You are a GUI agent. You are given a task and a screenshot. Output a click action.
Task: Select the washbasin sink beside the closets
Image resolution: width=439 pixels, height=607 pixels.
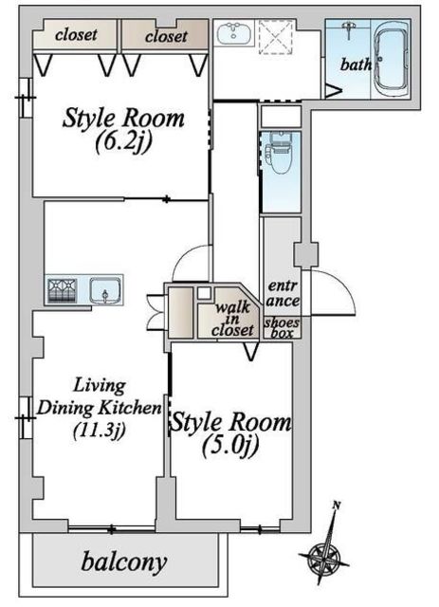(x=234, y=33)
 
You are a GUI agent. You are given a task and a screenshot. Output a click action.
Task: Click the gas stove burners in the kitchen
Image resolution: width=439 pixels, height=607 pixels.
(x=62, y=290)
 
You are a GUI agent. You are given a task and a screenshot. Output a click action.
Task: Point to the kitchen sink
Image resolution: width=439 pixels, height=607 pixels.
(x=105, y=290)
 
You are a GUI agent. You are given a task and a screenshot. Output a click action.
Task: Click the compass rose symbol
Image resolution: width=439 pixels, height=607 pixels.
(x=324, y=558)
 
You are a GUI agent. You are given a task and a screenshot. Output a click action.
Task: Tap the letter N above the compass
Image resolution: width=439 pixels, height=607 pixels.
(x=337, y=505)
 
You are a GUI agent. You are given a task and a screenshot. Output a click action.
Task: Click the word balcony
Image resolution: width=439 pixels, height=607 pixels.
(x=124, y=562)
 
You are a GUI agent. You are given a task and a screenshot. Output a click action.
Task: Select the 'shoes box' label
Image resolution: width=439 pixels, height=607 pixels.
(x=282, y=327)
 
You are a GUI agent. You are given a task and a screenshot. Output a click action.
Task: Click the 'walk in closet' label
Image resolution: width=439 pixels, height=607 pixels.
(x=232, y=319)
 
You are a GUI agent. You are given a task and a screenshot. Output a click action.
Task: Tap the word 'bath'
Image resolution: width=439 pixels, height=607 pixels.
(x=356, y=64)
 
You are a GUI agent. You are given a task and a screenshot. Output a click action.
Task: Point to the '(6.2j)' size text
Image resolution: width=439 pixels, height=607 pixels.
(x=123, y=143)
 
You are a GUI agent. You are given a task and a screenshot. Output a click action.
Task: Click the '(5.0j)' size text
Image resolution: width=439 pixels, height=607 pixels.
(x=230, y=447)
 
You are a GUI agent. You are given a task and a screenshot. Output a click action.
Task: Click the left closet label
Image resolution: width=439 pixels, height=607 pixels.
(x=76, y=35)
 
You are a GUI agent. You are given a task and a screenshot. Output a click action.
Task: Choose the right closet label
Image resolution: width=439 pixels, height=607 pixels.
(x=166, y=36)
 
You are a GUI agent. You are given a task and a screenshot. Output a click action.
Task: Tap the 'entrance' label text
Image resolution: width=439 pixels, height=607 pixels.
(x=283, y=293)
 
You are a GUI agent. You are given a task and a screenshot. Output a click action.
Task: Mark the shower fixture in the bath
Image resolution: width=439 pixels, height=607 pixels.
(x=349, y=29)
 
